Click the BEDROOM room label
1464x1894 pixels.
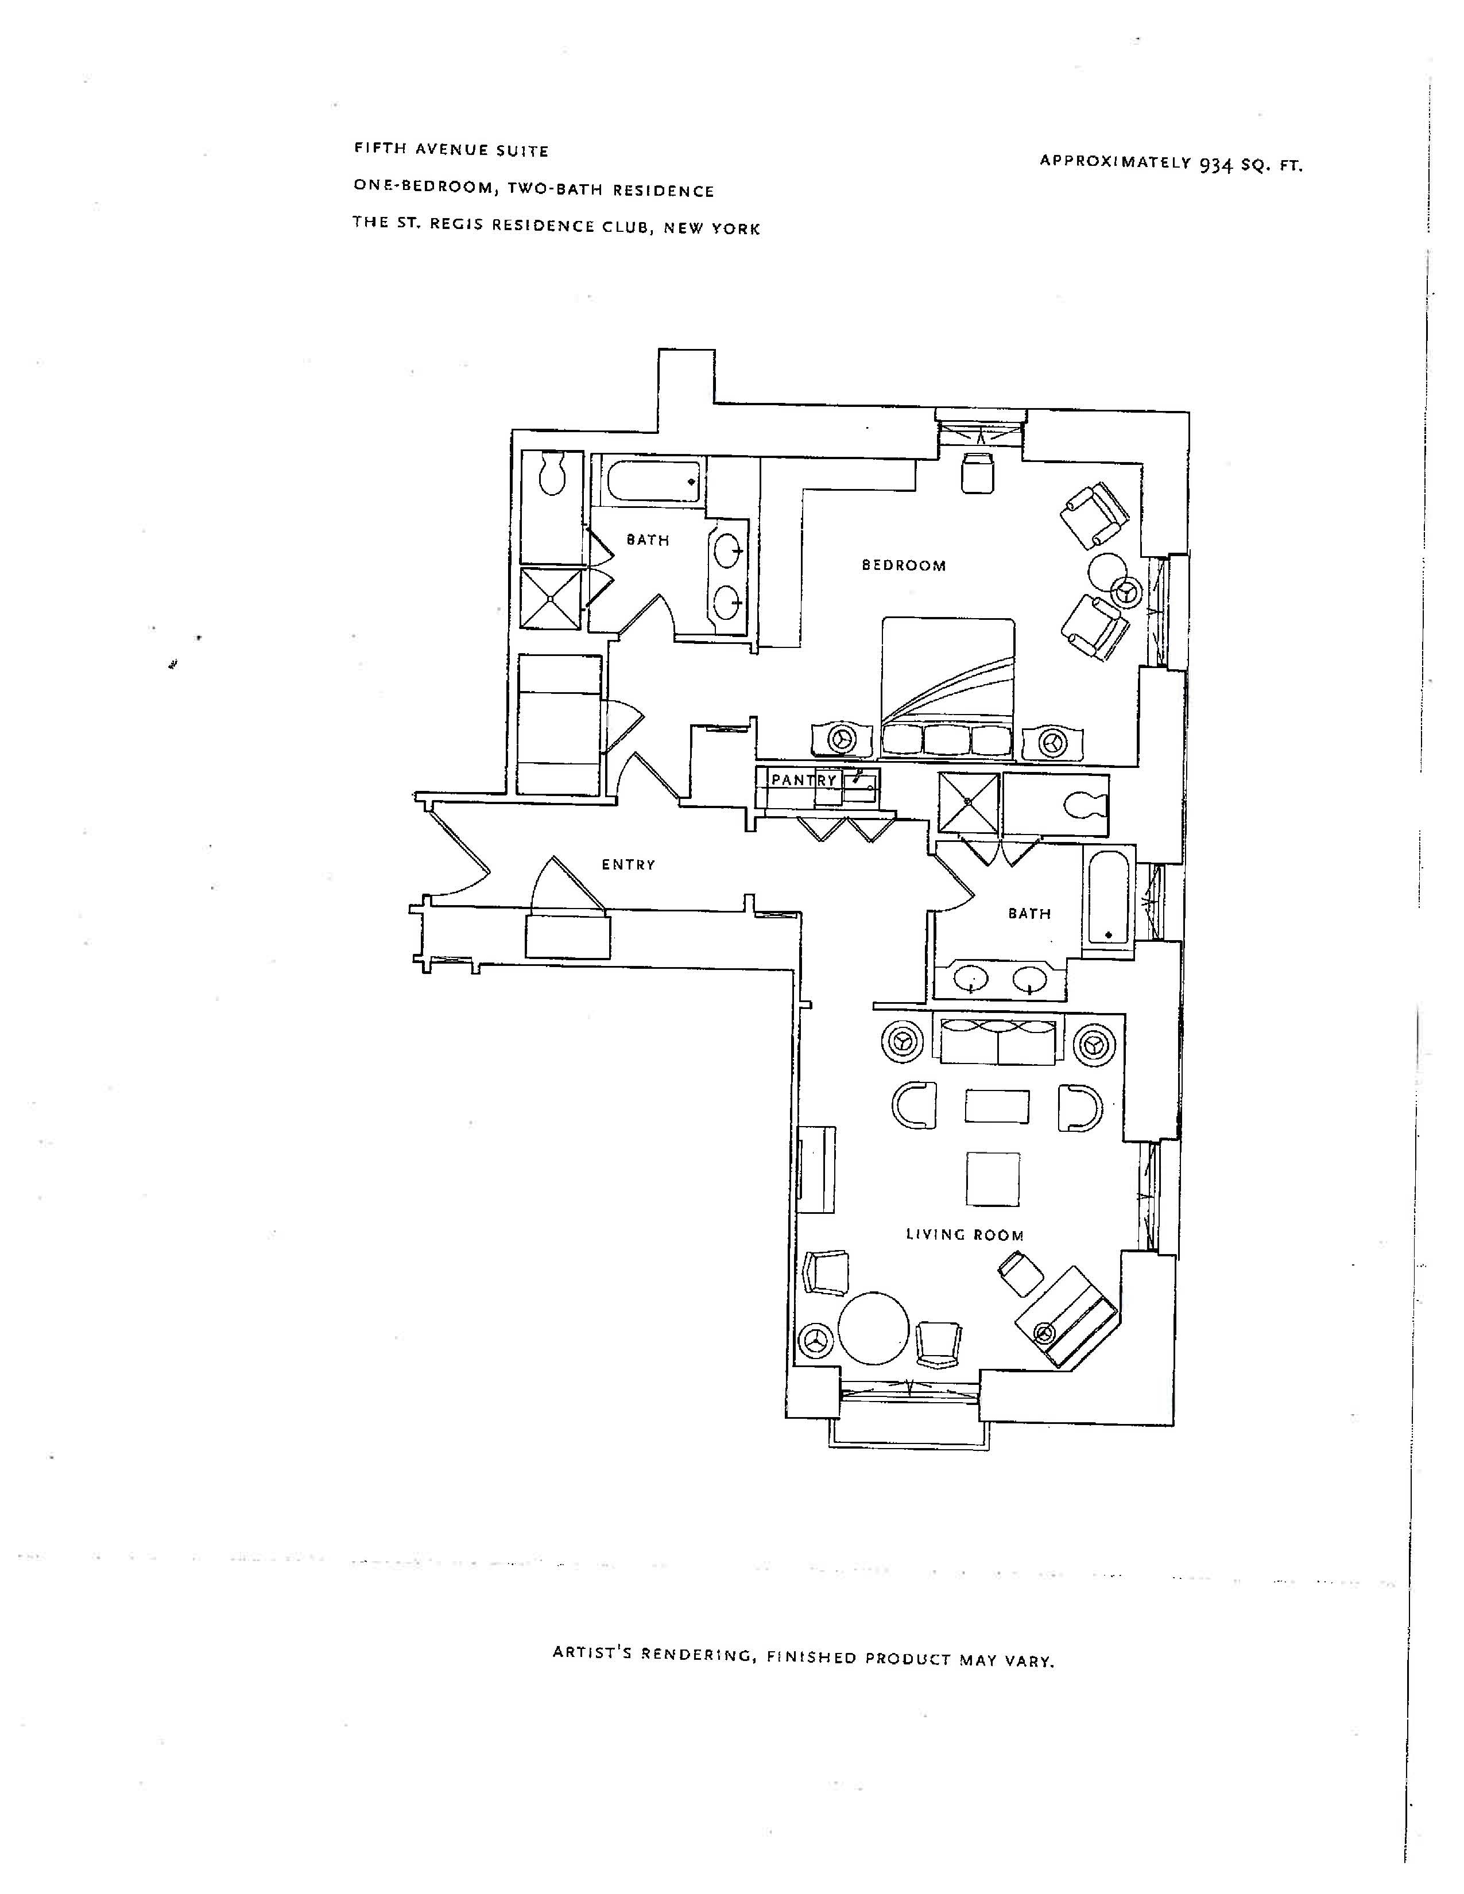[903, 565]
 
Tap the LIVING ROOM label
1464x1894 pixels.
[965, 1235]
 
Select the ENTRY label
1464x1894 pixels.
[628, 864]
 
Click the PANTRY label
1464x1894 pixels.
[804, 781]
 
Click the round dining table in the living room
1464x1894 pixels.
[873, 1329]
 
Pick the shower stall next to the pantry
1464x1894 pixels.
[969, 803]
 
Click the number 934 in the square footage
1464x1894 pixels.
[1216, 164]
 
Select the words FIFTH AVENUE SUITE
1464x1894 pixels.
[451, 150]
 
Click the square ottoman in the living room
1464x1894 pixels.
[993, 1178]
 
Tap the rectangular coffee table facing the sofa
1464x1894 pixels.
[997, 1107]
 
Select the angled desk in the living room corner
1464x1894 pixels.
[1067, 1317]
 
